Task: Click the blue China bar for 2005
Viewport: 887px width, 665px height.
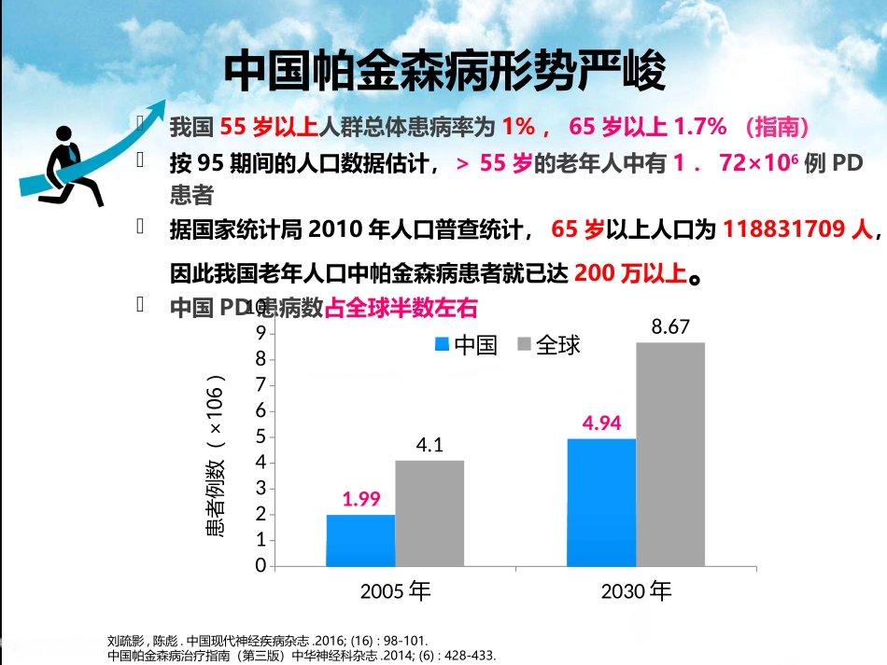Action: click(360, 540)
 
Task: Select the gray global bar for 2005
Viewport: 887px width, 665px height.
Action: click(429, 513)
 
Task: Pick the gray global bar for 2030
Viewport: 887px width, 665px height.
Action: click(670, 453)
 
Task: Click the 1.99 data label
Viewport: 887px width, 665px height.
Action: click(361, 499)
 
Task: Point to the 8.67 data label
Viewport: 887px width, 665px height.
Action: click(670, 326)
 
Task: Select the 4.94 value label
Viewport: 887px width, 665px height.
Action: click(602, 423)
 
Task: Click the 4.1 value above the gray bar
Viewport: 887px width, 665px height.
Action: click(429, 445)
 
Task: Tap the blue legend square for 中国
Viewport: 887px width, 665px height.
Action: click(442, 345)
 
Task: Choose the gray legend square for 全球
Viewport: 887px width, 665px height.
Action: click(523, 345)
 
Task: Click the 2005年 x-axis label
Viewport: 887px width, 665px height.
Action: click(395, 591)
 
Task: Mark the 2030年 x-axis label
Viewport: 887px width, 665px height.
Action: click(636, 591)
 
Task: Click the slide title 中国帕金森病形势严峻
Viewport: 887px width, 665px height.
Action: click(445, 72)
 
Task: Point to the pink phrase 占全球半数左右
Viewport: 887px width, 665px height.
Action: click(401, 308)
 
